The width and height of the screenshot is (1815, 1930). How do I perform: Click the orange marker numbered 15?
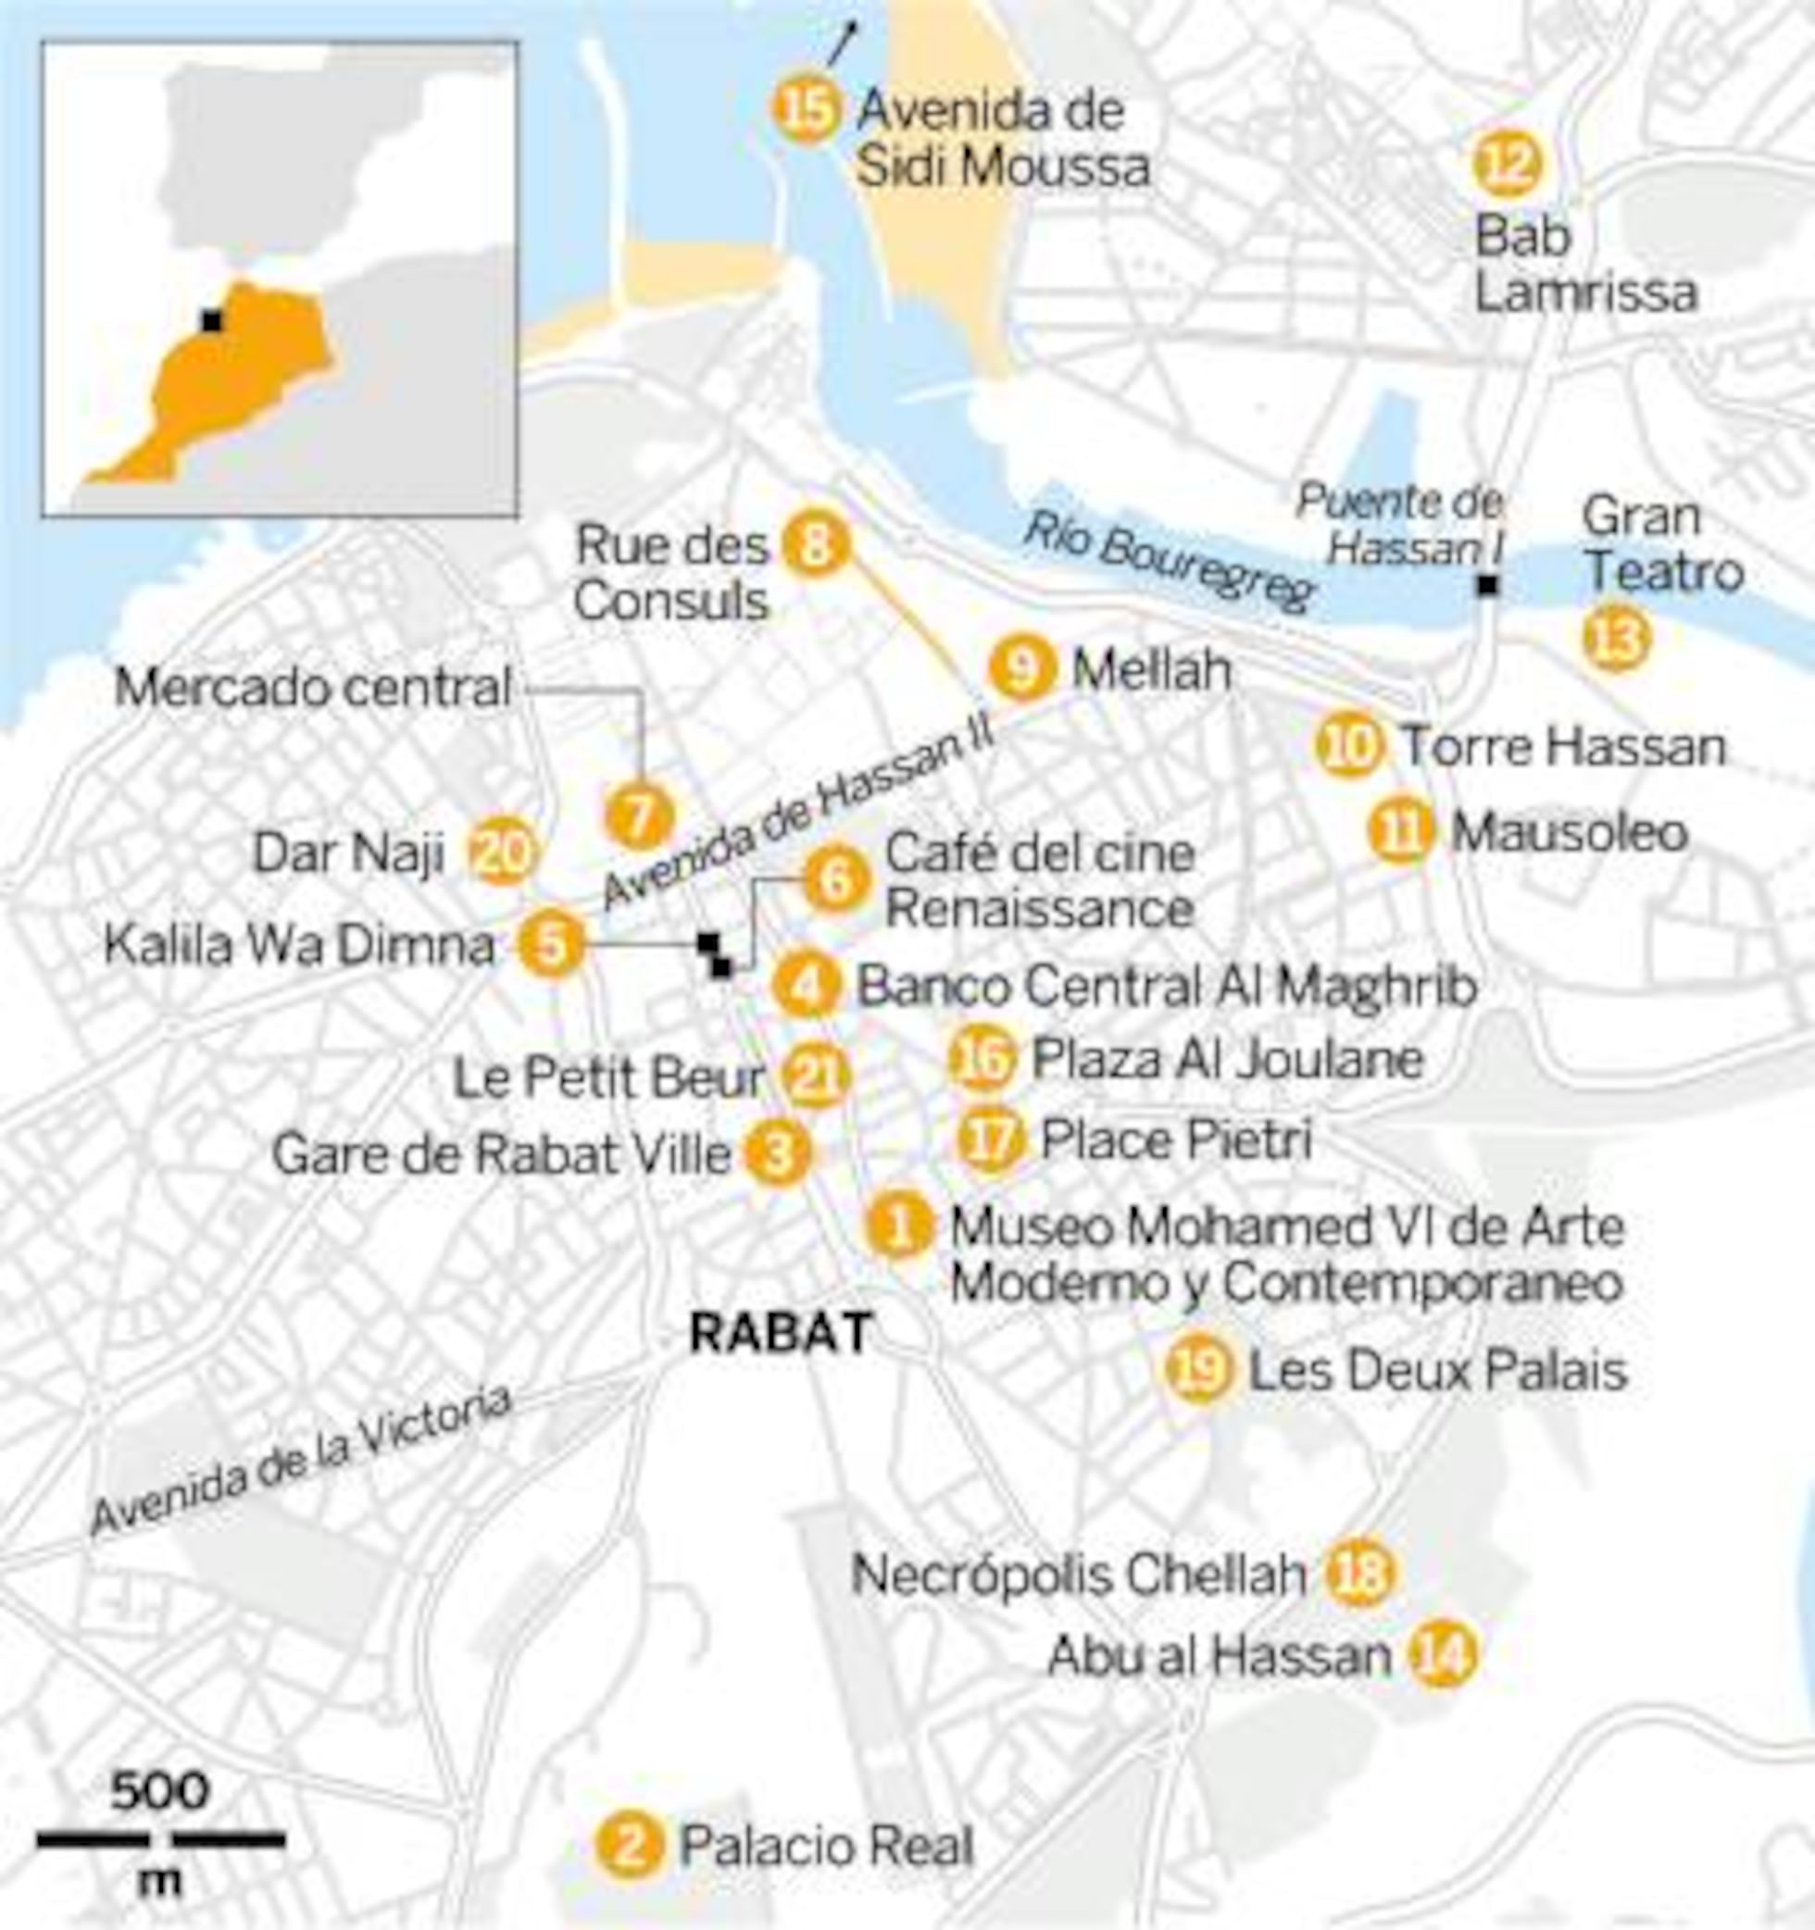pyautogui.click(x=806, y=111)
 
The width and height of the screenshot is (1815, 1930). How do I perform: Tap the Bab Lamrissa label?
pyautogui.click(x=1584, y=264)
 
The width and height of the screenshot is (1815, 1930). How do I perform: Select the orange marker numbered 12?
pyautogui.click(x=1507, y=164)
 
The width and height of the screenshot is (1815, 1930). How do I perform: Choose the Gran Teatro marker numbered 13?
pyautogui.click(x=1615, y=639)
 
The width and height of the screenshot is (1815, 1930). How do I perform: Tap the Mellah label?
pyautogui.click(x=1152, y=671)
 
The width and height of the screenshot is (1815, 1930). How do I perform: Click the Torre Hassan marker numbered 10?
pyautogui.click(x=1349, y=745)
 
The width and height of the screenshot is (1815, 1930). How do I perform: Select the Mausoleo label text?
pyautogui.click(x=1570, y=832)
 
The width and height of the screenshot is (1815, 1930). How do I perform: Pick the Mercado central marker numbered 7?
pyautogui.click(x=638, y=817)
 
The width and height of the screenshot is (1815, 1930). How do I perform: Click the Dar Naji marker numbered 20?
pyautogui.click(x=502, y=853)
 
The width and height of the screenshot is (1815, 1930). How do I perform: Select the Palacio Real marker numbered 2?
pyautogui.click(x=631, y=1846)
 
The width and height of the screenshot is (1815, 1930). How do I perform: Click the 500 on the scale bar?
pyautogui.click(x=159, y=1789)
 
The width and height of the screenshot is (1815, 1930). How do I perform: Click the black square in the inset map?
pyautogui.click(x=210, y=320)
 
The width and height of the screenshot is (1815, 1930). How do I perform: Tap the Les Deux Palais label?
pyautogui.click(x=1437, y=1371)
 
